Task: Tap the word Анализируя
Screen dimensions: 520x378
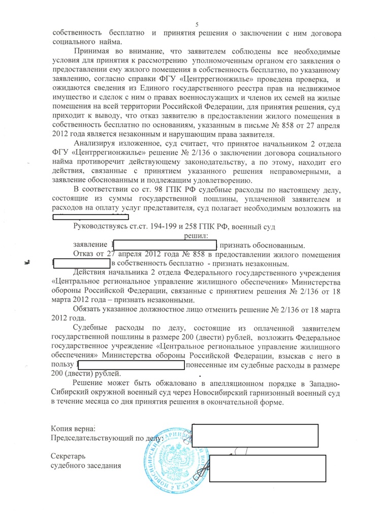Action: click(96, 144)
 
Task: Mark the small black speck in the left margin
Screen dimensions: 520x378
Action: click(27, 263)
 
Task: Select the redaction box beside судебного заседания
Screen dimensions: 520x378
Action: click(267, 468)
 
